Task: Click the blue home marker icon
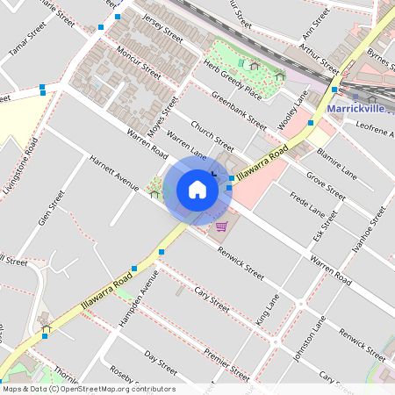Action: tap(197, 189)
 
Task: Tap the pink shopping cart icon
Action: tap(222, 226)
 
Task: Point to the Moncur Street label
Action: tap(140, 61)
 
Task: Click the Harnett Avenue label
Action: tap(114, 173)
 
